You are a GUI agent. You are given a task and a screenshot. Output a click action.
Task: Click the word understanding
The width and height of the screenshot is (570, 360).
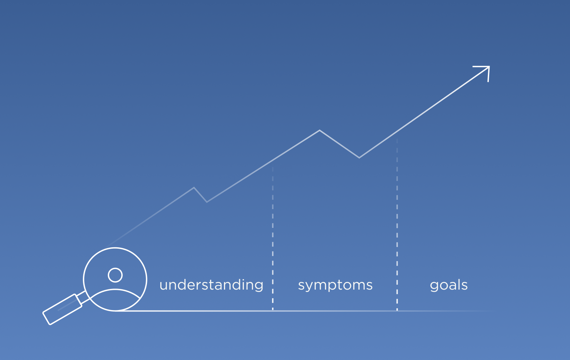tap(211, 285)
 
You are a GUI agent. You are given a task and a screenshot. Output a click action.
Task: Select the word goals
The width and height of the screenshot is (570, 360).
tap(449, 285)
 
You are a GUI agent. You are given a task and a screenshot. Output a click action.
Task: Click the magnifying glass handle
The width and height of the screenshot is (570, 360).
tap(62, 309)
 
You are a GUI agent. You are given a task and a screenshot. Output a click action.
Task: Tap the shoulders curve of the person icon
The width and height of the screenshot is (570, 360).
tap(115, 290)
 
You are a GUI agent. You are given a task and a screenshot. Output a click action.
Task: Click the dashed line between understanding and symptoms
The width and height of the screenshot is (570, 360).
tap(273, 238)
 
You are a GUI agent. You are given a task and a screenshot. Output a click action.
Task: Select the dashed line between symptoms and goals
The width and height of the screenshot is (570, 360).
tap(397, 224)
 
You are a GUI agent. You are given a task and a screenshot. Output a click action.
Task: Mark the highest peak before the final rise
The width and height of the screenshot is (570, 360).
tap(320, 130)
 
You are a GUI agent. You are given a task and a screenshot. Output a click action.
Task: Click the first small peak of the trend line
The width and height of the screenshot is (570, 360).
tap(194, 188)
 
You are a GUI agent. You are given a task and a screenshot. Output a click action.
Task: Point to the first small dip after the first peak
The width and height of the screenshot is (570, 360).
tap(207, 202)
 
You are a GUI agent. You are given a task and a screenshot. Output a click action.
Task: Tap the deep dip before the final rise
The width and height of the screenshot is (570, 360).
tap(359, 158)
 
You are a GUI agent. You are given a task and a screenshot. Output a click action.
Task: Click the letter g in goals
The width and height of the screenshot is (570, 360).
tap(434, 286)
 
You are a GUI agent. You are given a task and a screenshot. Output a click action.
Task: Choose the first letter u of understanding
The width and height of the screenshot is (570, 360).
tap(163, 286)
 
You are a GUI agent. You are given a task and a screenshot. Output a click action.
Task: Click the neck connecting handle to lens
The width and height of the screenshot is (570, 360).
tap(83, 297)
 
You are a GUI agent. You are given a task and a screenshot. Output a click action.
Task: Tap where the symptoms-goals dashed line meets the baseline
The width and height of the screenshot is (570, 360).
tap(397, 311)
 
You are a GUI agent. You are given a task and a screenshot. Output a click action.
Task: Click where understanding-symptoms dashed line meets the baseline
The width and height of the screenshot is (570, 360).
tap(273, 311)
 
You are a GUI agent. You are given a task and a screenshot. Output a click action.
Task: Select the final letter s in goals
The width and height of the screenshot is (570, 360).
tap(464, 286)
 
